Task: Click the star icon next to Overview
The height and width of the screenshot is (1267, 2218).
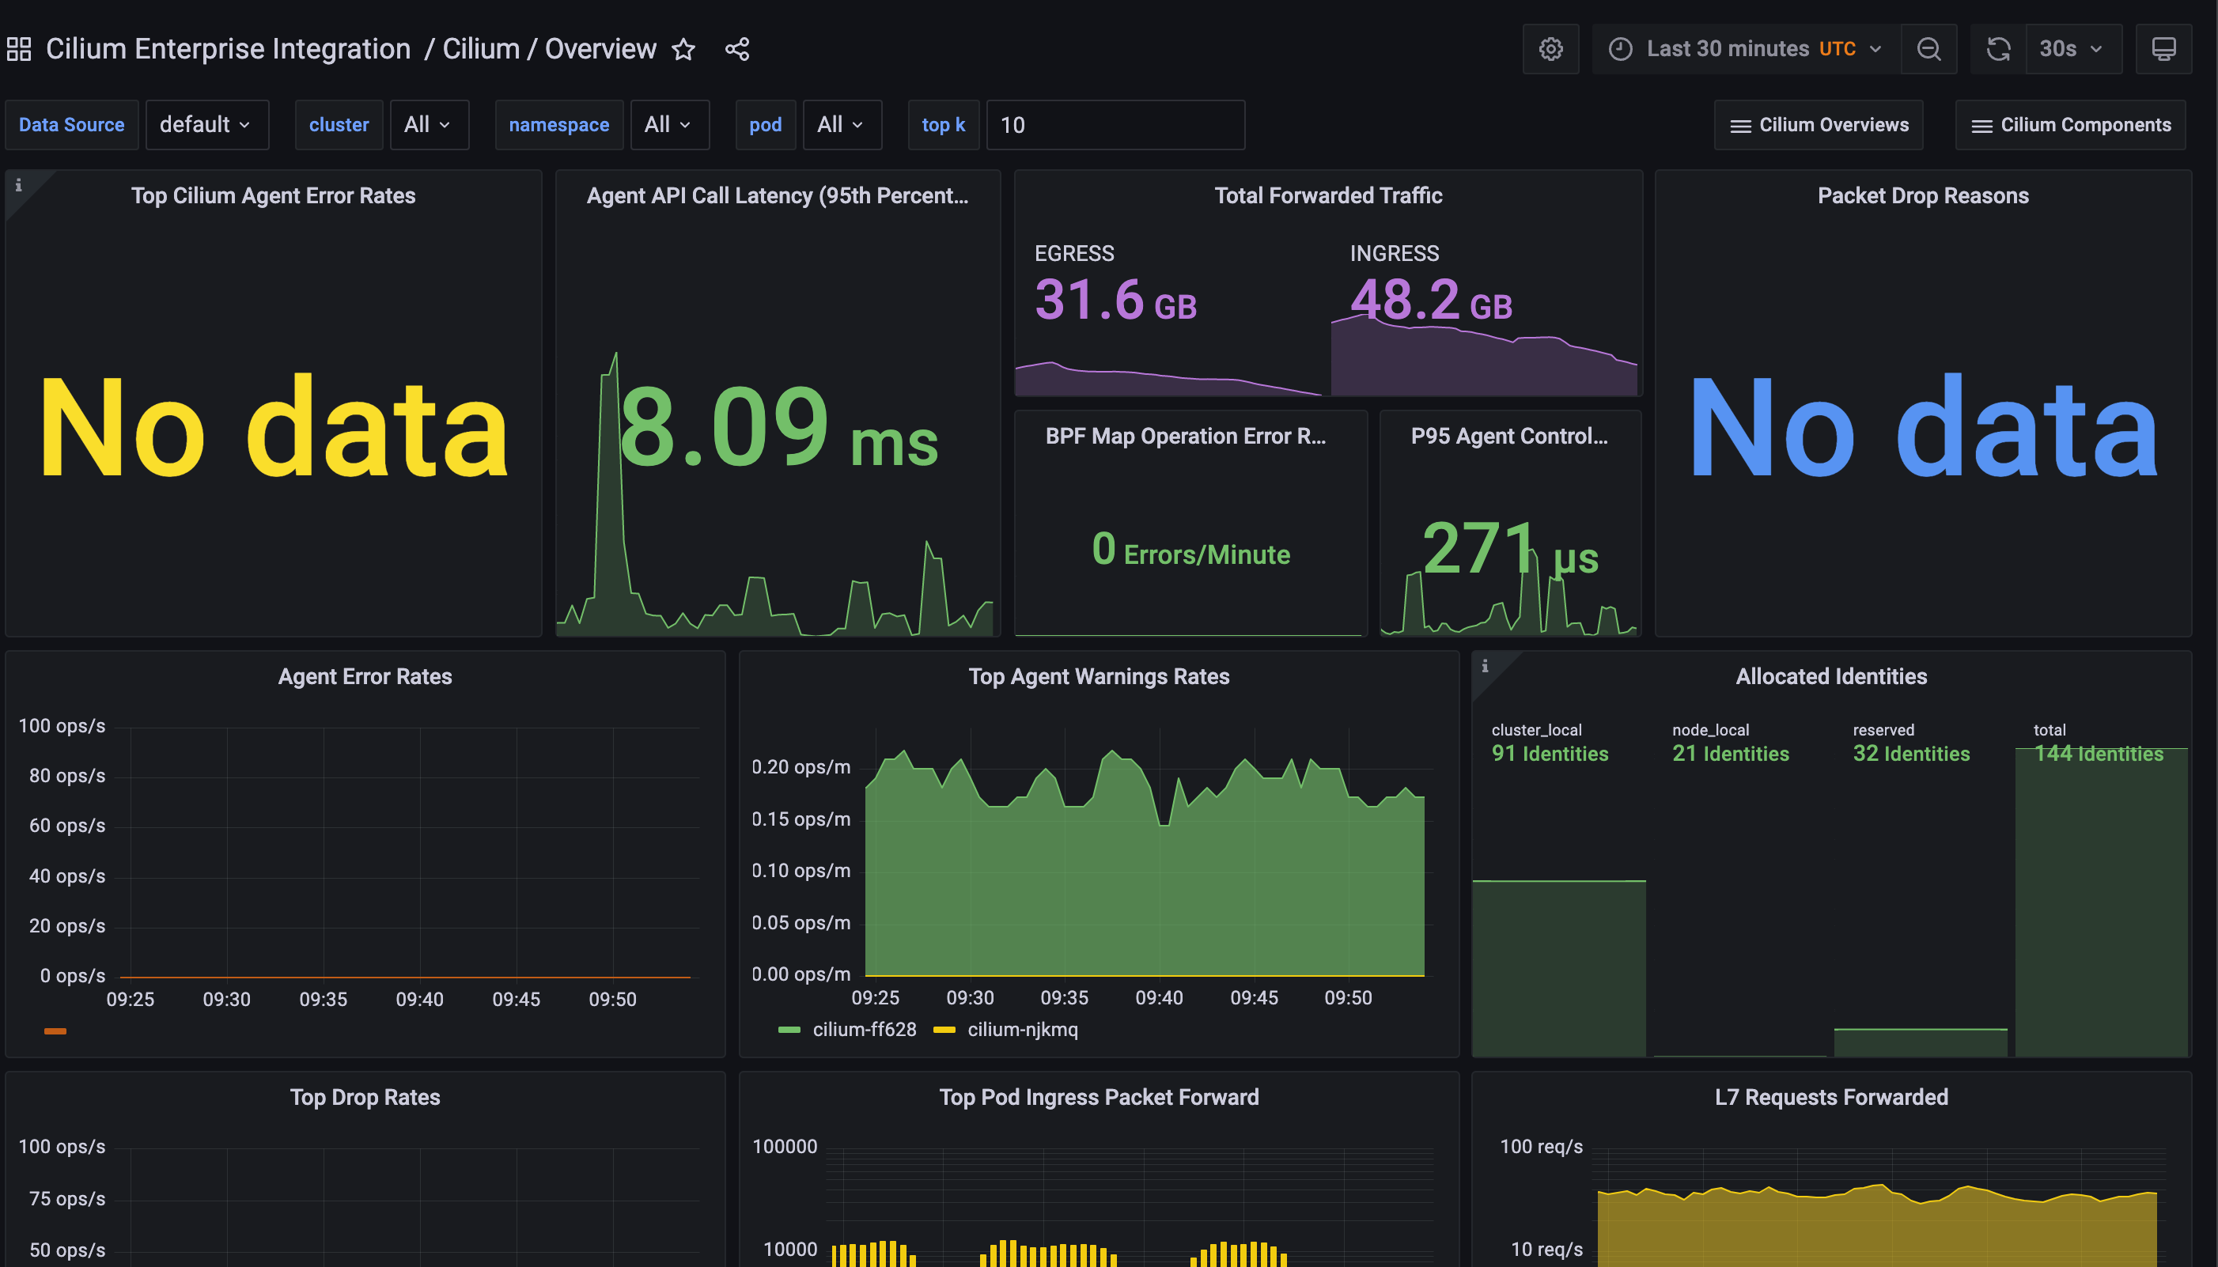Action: click(684, 50)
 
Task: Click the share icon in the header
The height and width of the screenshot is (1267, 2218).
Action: click(737, 50)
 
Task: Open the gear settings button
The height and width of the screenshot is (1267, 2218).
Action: click(1550, 50)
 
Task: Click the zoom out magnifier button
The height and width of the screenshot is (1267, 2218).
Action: click(1928, 50)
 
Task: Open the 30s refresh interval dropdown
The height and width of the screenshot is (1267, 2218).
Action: click(2071, 50)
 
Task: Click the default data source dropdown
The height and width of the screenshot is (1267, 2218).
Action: click(206, 125)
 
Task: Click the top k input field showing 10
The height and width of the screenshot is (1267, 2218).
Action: click(1114, 125)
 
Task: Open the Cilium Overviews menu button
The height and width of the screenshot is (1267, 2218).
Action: click(1819, 125)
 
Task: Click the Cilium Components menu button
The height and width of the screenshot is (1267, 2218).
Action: click(2070, 125)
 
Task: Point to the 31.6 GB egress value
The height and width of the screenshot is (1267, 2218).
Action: click(1115, 301)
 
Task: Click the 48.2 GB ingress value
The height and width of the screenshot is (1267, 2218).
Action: click(1430, 301)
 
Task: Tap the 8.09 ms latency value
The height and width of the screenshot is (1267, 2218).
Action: click(777, 428)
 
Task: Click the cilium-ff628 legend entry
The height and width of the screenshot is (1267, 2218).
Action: click(863, 1030)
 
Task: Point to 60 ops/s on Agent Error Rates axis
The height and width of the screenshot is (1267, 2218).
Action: click(67, 826)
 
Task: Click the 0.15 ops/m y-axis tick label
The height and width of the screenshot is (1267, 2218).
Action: click(801, 819)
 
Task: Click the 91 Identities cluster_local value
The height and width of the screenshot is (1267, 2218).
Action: click(1549, 754)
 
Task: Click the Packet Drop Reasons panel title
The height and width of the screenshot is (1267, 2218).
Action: click(1922, 196)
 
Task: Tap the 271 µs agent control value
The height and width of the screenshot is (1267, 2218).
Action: click(1510, 550)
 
